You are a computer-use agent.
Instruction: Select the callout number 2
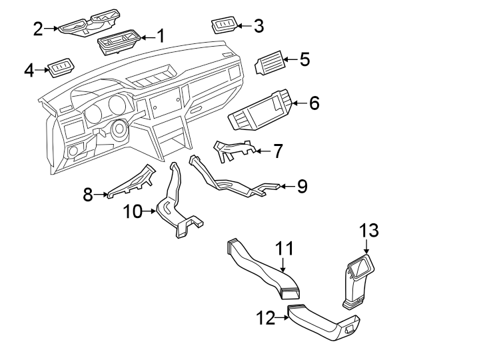tap(39, 28)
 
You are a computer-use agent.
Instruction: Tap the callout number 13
tap(369, 231)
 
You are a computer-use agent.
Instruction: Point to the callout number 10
tap(133, 212)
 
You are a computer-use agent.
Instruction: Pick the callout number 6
tap(314, 103)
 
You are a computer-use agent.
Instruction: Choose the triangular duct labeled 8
tap(132, 182)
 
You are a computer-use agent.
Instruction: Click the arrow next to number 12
tap(282, 318)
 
